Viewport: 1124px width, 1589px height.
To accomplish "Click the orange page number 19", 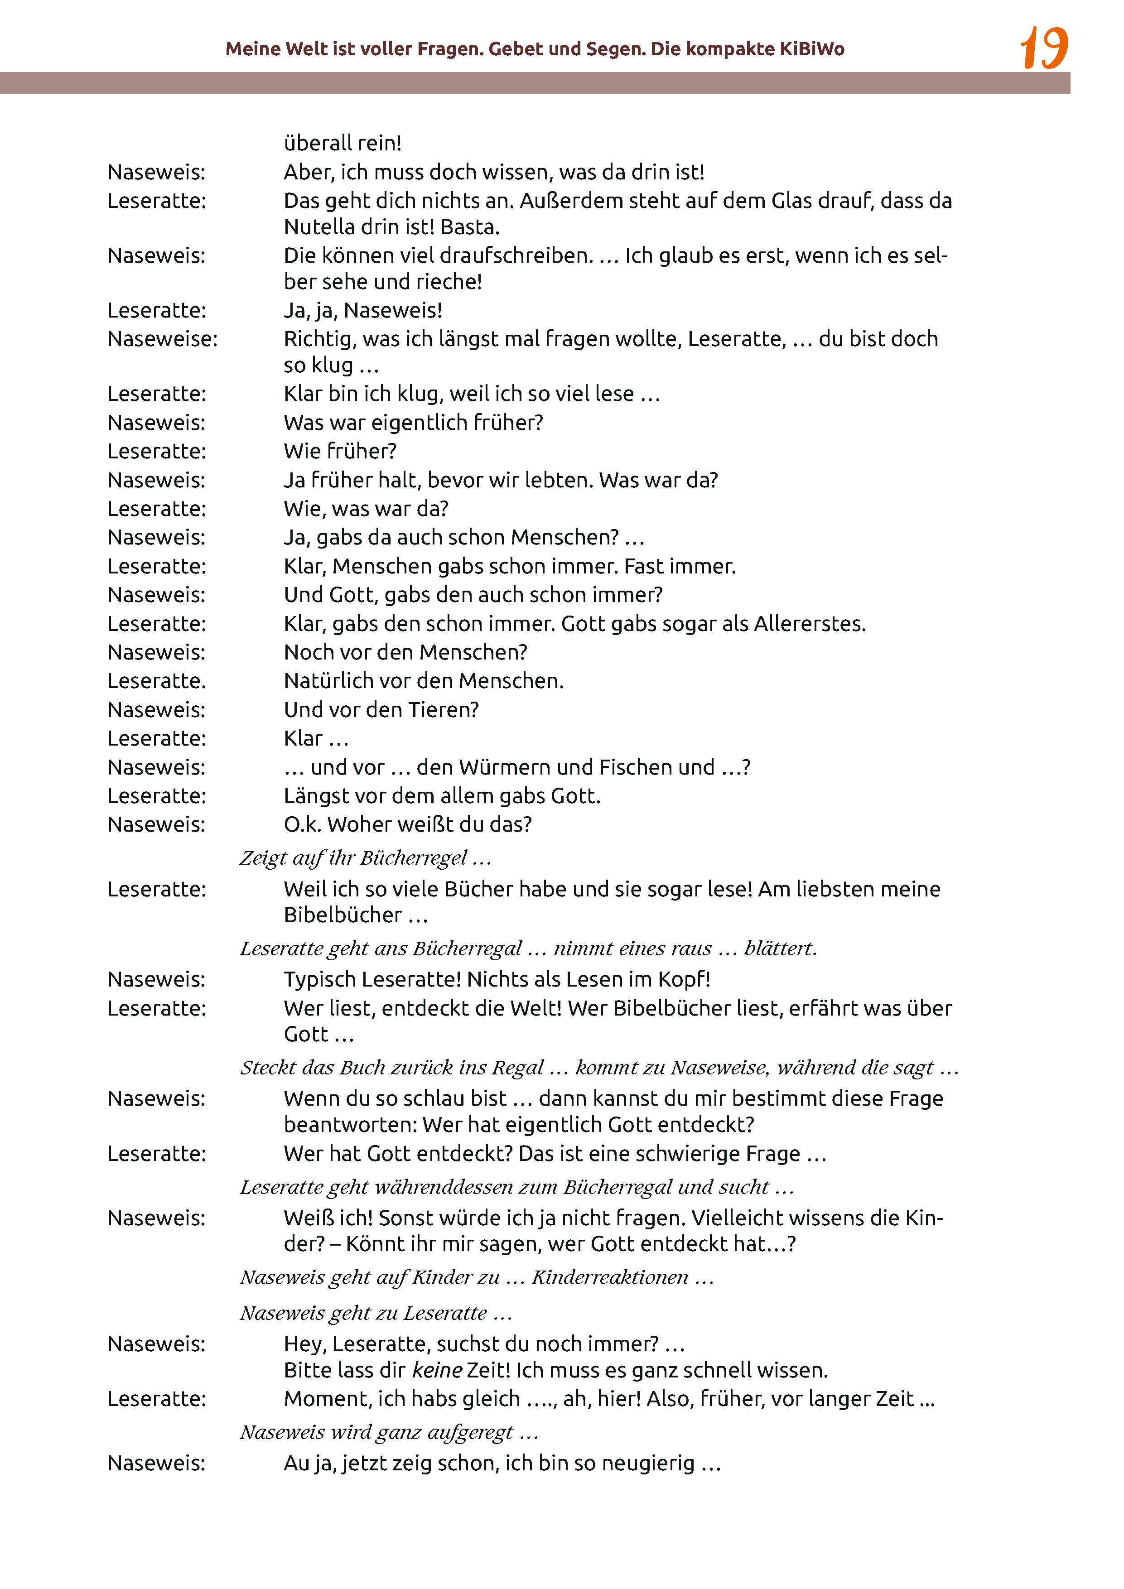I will (1044, 48).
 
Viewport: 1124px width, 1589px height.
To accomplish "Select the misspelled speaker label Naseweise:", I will (162, 339).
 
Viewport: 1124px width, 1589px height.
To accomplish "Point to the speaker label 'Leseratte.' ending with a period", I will (156, 681).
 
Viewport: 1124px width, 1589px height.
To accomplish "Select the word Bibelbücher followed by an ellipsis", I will (343, 915).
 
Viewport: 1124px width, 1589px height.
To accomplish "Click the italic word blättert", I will (780, 948).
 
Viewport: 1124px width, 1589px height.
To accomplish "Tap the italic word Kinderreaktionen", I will (609, 1277).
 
